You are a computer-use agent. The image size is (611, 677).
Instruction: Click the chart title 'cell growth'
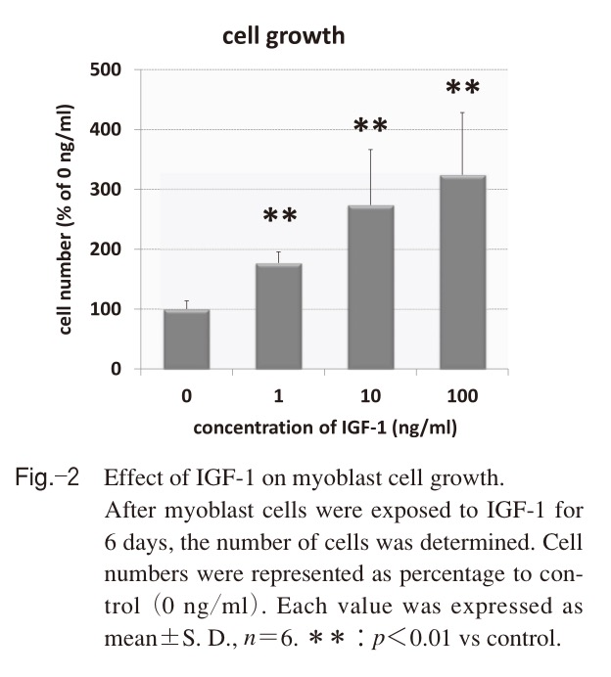click(284, 37)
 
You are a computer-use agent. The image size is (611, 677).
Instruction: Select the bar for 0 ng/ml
click(186, 339)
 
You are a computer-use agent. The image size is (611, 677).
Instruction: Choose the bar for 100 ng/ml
click(462, 272)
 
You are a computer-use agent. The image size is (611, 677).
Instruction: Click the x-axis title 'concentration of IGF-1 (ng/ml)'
click(325, 428)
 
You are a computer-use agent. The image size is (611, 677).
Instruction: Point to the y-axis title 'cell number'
click(67, 219)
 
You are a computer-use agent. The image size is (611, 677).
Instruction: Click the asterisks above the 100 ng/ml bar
click(462, 88)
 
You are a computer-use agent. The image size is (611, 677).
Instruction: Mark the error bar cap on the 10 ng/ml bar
click(370, 150)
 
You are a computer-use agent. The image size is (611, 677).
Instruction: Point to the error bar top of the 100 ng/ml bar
click(462, 113)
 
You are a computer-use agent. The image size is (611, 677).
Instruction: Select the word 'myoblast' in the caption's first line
click(325, 480)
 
